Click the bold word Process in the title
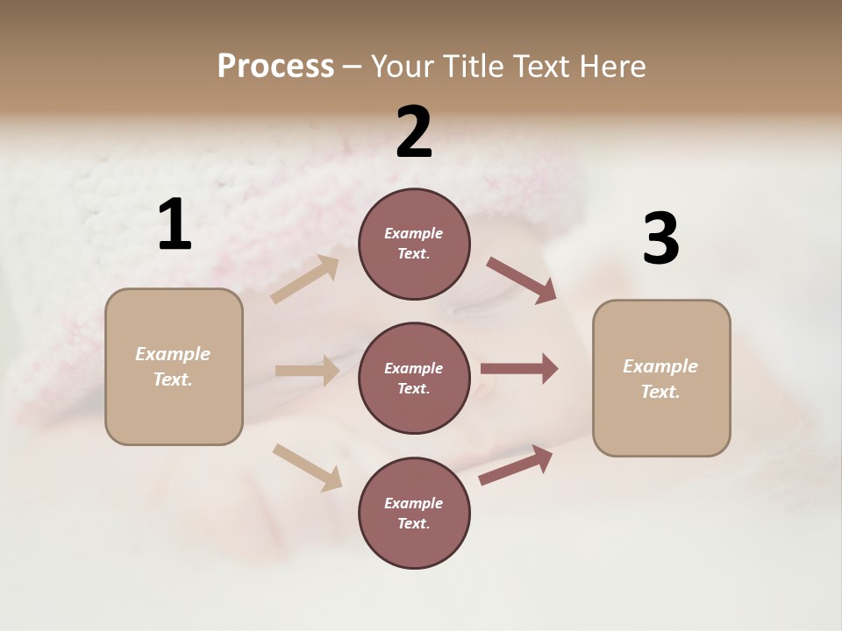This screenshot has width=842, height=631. click(275, 66)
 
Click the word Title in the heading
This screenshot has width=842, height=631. click(475, 66)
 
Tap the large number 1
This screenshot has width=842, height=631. click(175, 224)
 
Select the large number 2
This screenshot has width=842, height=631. click(414, 132)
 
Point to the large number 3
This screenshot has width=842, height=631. click(660, 239)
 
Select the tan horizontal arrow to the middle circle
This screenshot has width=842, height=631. click(307, 371)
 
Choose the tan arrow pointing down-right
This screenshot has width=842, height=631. click(308, 467)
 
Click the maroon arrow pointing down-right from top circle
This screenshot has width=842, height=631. click(522, 280)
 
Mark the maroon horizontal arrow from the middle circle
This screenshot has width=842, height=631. click(519, 369)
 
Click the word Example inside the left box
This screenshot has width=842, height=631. click(173, 354)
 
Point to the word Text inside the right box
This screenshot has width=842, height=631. click(660, 392)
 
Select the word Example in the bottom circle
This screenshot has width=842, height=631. click(413, 503)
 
